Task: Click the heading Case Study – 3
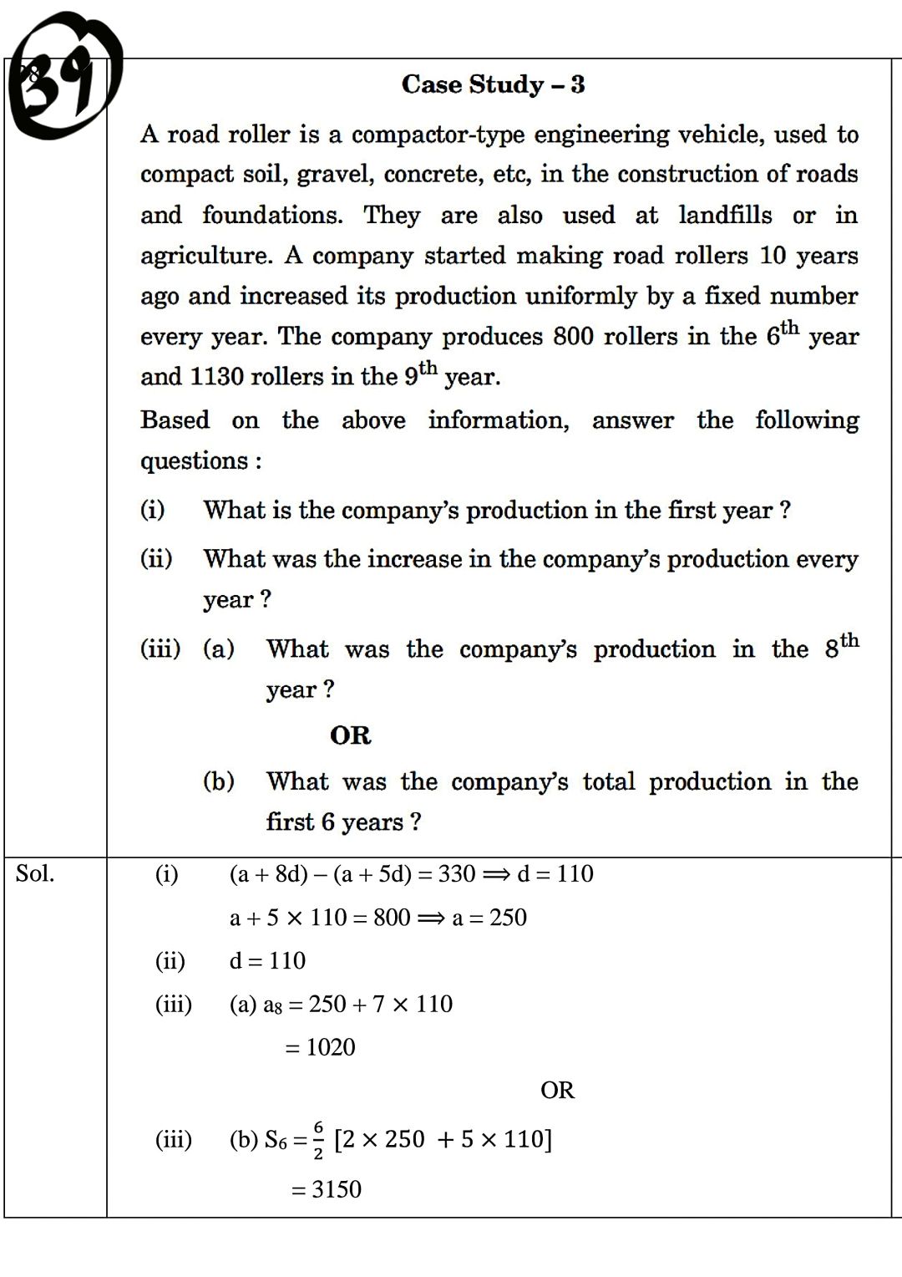click(x=493, y=84)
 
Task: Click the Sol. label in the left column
click(x=35, y=874)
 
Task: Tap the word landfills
click(x=725, y=216)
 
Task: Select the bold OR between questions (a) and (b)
click(x=350, y=735)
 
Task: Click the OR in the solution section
click(x=557, y=1091)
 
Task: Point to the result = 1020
click(x=320, y=1047)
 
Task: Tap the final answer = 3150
click(x=326, y=1189)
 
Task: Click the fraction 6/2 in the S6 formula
click(x=318, y=1140)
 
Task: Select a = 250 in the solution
click(x=489, y=918)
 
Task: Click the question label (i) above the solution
click(x=152, y=510)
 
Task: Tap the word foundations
click(x=272, y=216)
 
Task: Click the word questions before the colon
click(x=194, y=460)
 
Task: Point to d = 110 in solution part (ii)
click(x=267, y=961)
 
